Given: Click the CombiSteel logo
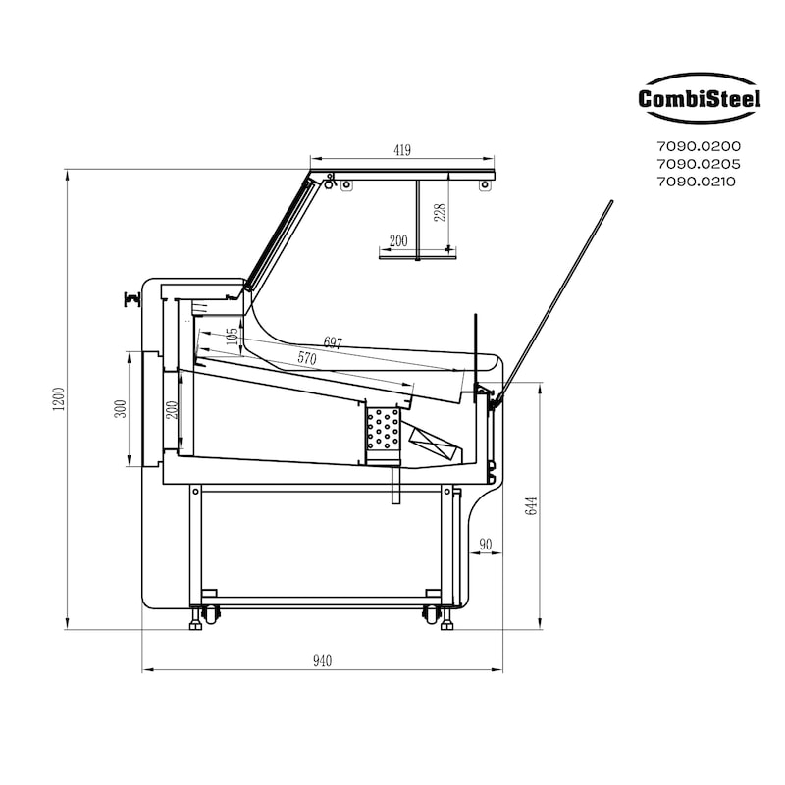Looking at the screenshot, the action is pos(700,98).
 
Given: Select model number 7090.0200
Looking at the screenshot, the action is pos(699,146).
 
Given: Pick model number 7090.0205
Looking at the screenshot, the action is pos(699,164).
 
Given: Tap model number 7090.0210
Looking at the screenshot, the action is pos(697,182).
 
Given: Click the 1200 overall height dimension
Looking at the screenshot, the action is pos(59,399).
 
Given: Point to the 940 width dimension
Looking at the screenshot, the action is pos(323,661).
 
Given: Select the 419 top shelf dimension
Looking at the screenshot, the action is pos(402,150).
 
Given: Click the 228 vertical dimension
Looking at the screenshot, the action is pos(440,213).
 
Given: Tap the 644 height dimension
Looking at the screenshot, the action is pos(531,505).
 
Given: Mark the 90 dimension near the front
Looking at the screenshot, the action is pos(485,545).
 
